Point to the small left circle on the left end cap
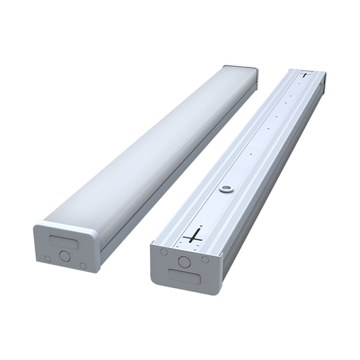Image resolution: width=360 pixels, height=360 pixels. [47, 259]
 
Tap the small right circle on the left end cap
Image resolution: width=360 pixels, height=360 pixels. [83, 265]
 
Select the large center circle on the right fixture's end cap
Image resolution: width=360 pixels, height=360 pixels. [185, 262]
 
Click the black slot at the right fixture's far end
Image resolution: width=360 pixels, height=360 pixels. [304, 75]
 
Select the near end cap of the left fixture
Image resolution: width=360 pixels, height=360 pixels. [65, 247]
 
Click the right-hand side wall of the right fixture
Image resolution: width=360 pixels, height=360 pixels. [275, 183]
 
